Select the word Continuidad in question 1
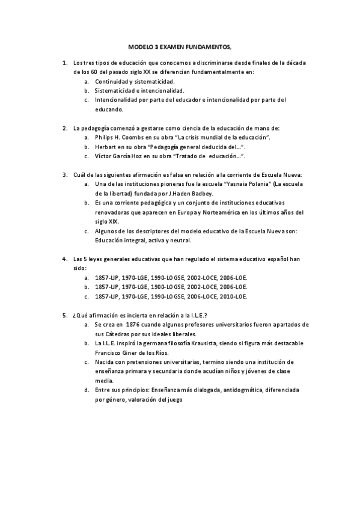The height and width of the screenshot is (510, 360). point(112,81)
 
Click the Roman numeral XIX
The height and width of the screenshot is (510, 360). point(113,221)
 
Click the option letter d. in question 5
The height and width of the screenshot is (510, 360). point(88,390)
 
